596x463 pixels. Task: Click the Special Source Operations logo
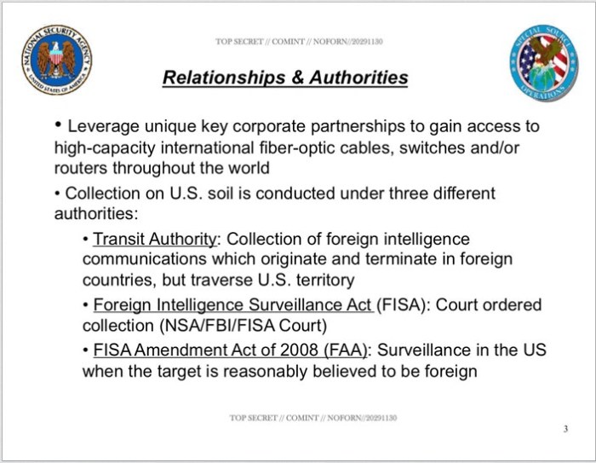544,62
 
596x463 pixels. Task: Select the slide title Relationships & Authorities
285,78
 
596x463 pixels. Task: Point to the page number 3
565,428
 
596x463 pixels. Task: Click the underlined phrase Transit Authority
155,240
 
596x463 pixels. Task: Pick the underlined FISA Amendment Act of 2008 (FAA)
231,351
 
